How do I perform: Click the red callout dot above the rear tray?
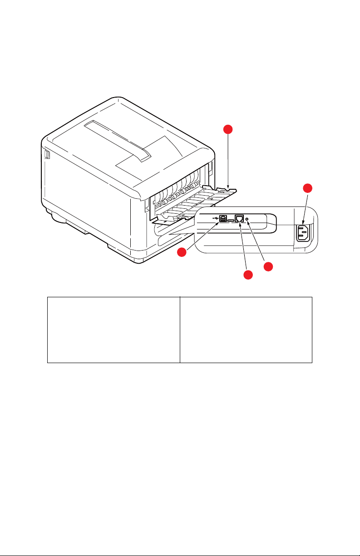click(x=229, y=130)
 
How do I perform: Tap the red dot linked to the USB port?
click(x=182, y=253)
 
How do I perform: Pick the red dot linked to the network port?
click(x=248, y=275)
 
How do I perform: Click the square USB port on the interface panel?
click(x=223, y=218)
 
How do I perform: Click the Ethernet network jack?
click(x=239, y=218)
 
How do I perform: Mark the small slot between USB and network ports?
click(x=231, y=220)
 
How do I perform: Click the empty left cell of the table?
click(x=113, y=330)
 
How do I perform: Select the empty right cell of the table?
click(x=246, y=330)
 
